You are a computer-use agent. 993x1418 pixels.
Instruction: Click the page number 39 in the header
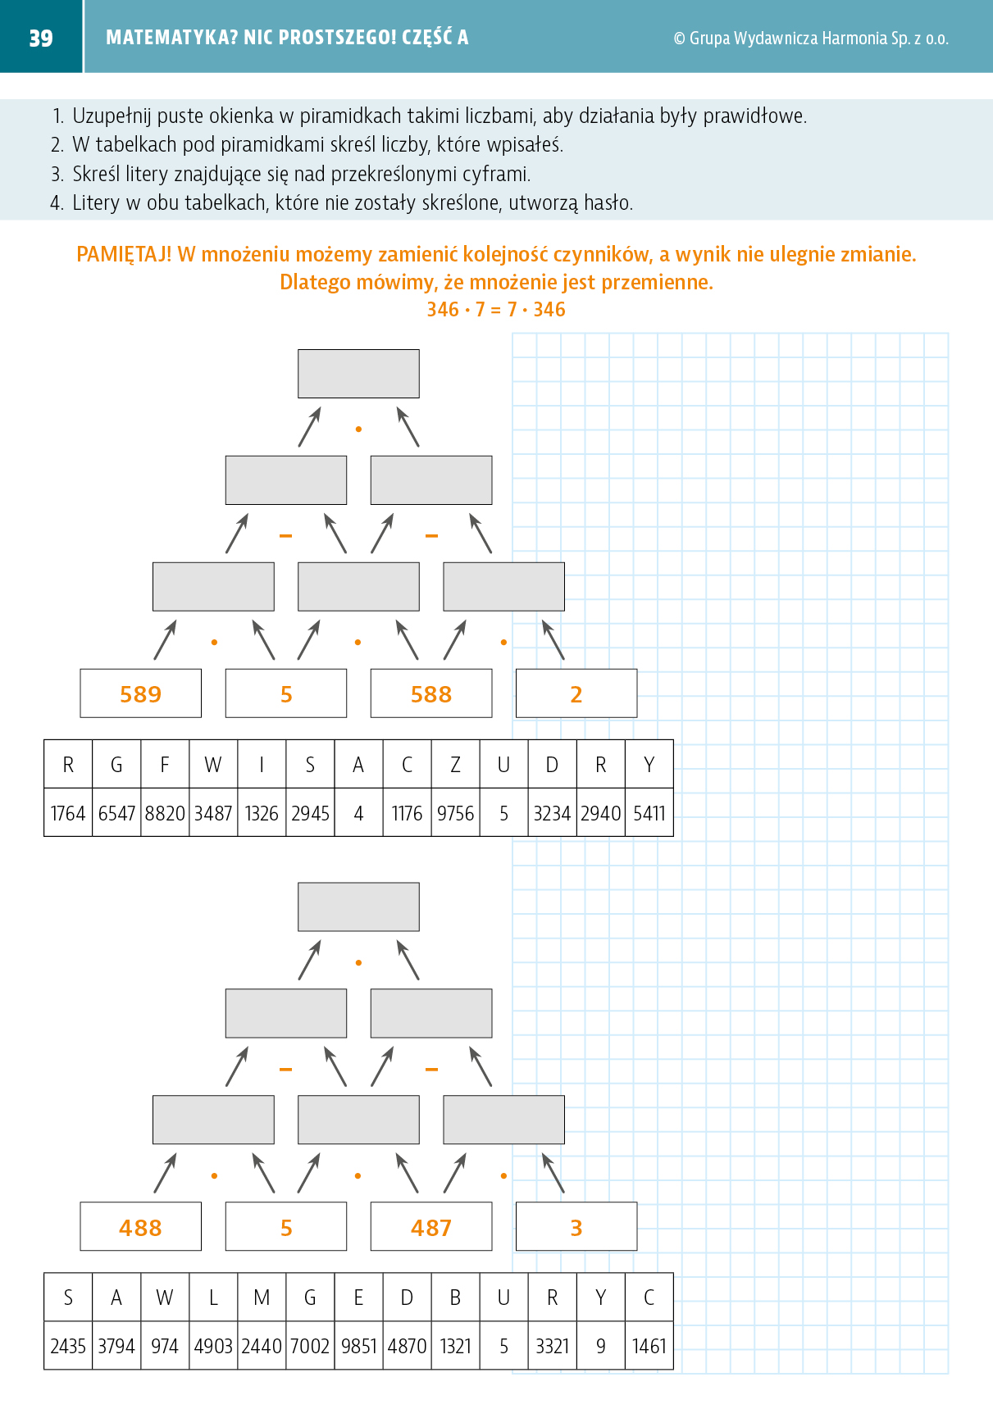point(41,38)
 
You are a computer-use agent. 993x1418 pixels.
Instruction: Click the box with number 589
point(141,693)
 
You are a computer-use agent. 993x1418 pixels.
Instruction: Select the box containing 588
point(431,693)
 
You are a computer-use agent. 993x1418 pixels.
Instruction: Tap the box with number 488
point(141,1226)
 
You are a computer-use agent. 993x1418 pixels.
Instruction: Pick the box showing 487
point(431,1226)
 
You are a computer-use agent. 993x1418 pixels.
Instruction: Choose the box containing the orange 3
point(576,1226)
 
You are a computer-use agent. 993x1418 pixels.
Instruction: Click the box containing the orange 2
point(576,693)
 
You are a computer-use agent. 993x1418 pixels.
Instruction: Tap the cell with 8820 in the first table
point(165,812)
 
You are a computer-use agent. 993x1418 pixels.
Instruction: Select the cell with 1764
point(68,812)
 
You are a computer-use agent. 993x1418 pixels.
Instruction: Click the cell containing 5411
point(649,812)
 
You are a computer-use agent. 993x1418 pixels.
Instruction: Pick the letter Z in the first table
point(455,765)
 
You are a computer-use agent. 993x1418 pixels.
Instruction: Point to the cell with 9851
point(358,1346)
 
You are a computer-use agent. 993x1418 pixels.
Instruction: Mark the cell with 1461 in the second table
point(649,1346)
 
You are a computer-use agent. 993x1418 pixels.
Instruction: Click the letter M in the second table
point(262,1298)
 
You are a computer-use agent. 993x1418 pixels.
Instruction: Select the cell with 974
point(165,1346)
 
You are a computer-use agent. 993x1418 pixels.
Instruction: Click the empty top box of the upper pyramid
point(358,374)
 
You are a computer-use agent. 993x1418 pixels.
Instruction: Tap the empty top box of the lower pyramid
point(358,907)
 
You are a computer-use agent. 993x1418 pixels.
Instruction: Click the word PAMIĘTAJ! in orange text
point(124,255)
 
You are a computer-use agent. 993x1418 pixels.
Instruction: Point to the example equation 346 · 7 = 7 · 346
point(496,310)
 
